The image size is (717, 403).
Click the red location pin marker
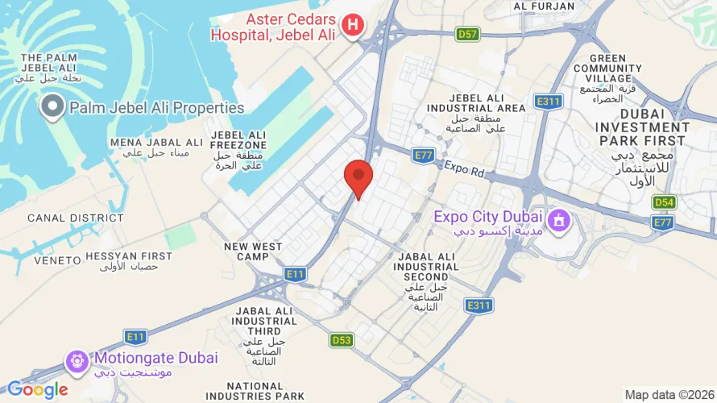[x=358, y=177]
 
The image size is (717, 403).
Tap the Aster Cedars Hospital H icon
[x=352, y=25]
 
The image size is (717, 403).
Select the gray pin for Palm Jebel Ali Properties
[x=53, y=106]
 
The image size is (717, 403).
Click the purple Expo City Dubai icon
[x=557, y=219]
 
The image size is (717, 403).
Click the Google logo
[x=37, y=390]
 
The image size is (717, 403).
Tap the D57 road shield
[x=467, y=34]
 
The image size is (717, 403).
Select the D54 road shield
[x=664, y=202]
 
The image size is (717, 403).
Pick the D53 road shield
[x=341, y=340]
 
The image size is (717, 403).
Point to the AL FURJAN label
[x=544, y=6]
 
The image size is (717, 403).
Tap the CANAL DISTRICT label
[x=64, y=218]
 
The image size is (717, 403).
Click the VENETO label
[x=57, y=260]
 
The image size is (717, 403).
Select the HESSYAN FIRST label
[x=129, y=256]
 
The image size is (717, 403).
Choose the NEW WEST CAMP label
[x=253, y=251]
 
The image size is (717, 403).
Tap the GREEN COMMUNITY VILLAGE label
[x=607, y=69]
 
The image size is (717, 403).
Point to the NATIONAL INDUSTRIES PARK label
[x=255, y=391]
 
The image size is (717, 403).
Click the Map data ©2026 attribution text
[x=669, y=394]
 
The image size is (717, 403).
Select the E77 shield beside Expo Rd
[x=423, y=154]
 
